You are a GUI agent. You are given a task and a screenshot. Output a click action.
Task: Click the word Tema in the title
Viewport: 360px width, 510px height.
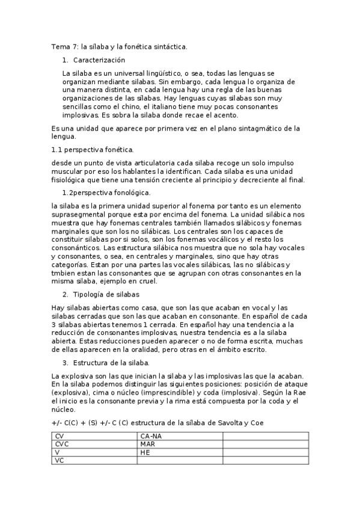pyautogui.click(x=61, y=46)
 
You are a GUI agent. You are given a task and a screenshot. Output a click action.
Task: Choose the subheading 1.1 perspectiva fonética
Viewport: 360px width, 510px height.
pyautogui.click(x=93, y=149)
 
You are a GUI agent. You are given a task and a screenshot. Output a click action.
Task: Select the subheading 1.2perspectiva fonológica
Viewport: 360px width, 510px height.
pyautogui.click(x=106, y=192)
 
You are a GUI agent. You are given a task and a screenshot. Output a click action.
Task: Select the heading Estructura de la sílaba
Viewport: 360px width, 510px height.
pyautogui.click(x=111, y=363)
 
